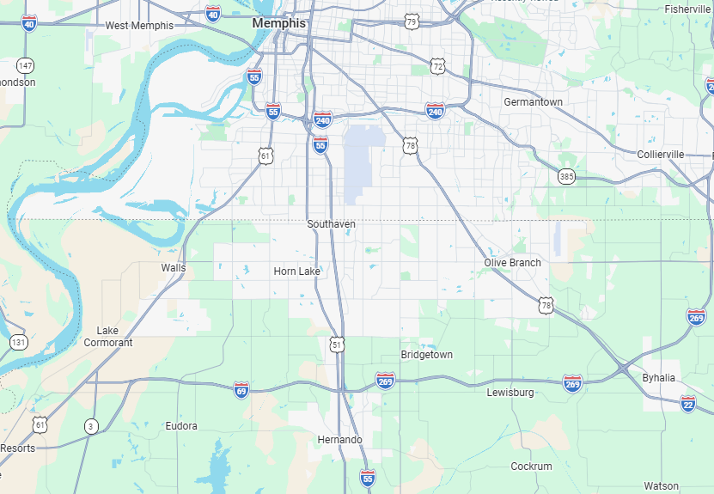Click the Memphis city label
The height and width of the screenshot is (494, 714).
coord(278,23)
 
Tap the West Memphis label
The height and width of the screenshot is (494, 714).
coord(139,26)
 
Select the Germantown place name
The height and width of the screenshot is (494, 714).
coord(533,102)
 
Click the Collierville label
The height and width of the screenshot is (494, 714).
coord(661,154)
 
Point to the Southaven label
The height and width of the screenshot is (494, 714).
coord(331,224)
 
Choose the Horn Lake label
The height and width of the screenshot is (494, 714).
coord(296,271)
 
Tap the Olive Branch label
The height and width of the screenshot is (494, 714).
coord(512,263)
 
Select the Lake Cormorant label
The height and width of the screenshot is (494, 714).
coord(108,337)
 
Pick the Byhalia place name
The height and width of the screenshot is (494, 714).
coord(658,378)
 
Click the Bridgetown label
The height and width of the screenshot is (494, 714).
coord(426,355)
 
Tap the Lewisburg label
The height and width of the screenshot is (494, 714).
coord(510,393)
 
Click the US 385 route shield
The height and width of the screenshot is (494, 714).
coord(565,176)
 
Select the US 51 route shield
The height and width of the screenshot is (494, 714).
coord(338,345)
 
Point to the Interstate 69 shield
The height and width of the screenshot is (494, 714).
coord(241,390)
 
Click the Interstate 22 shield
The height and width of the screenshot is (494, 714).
coord(687,403)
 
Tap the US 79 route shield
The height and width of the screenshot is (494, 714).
coord(412,21)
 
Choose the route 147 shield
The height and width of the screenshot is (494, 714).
coord(25,65)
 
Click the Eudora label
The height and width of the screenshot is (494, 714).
coord(181,426)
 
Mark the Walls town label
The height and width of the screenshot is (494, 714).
coord(173,268)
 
